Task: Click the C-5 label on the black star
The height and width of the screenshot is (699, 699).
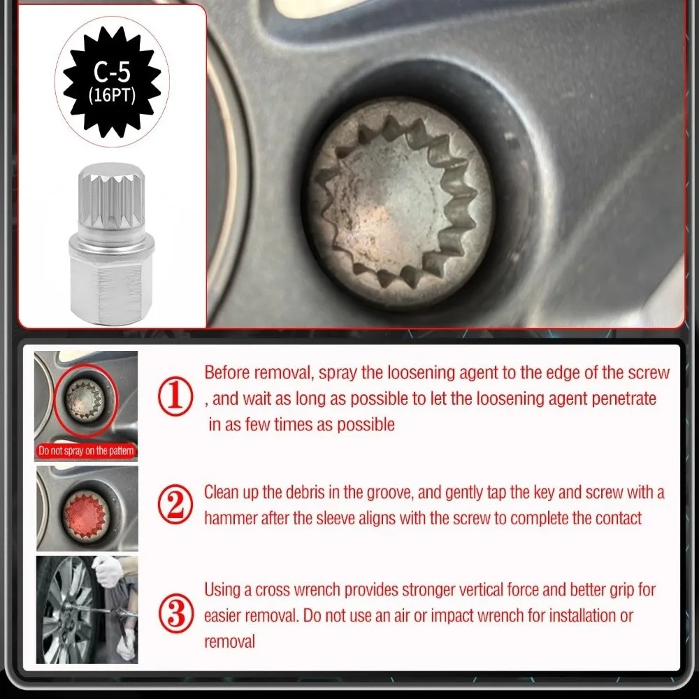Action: (x=112, y=71)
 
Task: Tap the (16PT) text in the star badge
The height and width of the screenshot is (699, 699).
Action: (x=112, y=95)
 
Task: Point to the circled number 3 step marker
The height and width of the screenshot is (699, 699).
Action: (x=176, y=614)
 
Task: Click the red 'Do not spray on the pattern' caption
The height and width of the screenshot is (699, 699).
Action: (x=86, y=451)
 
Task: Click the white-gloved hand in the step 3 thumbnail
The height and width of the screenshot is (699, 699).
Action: (x=107, y=570)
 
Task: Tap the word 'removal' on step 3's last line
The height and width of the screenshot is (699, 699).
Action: (x=229, y=642)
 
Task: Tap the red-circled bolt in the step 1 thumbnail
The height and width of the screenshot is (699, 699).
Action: (x=85, y=399)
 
